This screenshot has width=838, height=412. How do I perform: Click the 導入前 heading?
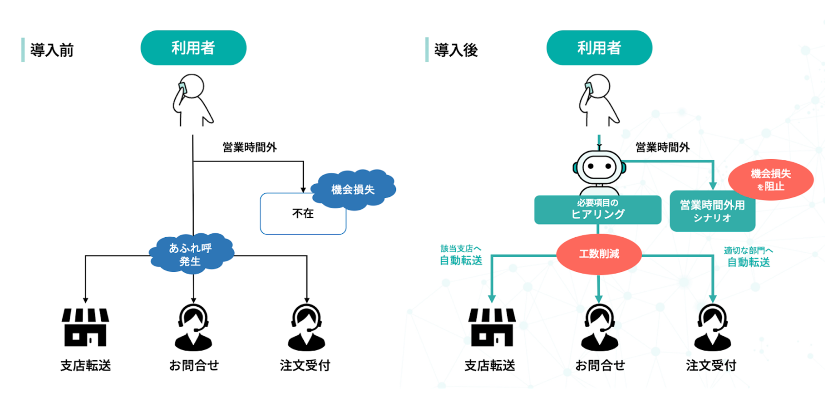pyautogui.click(x=51, y=50)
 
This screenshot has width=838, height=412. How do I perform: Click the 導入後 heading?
pyautogui.click(x=455, y=50)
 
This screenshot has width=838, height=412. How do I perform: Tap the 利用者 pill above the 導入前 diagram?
pyautogui.click(x=193, y=48)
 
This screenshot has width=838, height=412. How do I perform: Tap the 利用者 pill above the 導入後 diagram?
pyautogui.click(x=599, y=48)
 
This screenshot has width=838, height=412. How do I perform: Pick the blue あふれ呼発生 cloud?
pyautogui.click(x=191, y=254)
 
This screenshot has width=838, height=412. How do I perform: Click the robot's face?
pyautogui.click(x=599, y=167)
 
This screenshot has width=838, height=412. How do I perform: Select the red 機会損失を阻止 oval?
pyautogui.click(x=771, y=180)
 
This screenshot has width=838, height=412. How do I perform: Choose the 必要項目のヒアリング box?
pyautogui.click(x=597, y=210)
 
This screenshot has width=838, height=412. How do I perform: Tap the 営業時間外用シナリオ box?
pyautogui.click(x=712, y=211)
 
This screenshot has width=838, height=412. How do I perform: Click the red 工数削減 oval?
pyautogui.click(x=599, y=254)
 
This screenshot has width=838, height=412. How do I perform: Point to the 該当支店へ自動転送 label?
pyautogui.click(x=461, y=255)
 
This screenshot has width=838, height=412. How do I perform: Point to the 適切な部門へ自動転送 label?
pyautogui.click(x=748, y=257)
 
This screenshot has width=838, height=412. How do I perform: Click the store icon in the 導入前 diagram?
pyautogui.click(x=85, y=327)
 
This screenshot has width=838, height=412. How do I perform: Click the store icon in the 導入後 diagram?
pyautogui.click(x=492, y=327)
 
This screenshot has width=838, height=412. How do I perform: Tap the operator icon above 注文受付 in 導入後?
pyautogui.click(x=712, y=328)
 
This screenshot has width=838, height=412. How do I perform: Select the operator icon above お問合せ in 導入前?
pyautogui.click(x=193, y=328)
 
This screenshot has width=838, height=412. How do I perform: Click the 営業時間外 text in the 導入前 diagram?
pyautogui.click(x=249, y=147)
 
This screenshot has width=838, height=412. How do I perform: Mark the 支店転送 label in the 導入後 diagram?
pyautogui.click(x=490, y=365)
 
